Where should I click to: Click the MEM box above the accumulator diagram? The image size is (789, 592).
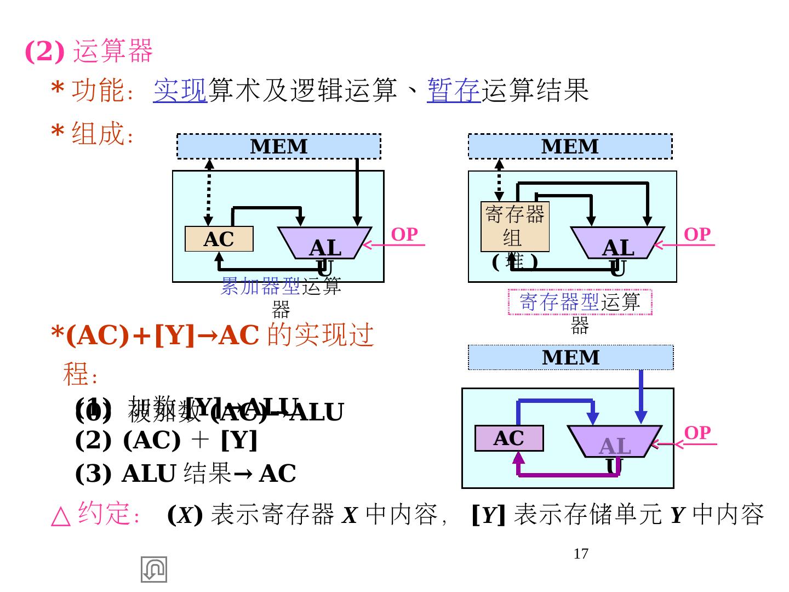[x=278, y=146]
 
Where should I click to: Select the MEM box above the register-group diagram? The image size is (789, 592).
[x=570, y=146]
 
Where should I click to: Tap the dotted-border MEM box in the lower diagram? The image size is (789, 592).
[x=570, y=357]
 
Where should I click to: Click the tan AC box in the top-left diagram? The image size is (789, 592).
[x=219, y=239]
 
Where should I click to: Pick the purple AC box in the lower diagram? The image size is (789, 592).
[x=508, y=439]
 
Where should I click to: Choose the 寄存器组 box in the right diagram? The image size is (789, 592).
[x=514, y=227]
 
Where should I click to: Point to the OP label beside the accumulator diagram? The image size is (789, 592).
[x=404, y=234]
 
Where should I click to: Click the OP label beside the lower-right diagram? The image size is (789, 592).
[x=697, y=432]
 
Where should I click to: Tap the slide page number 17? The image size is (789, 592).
[x=581, y=554]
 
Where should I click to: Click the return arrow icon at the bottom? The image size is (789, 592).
[x=154, y=569]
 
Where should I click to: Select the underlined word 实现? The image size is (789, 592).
[x=180, y=90]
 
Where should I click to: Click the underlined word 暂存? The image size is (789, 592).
[x=453, y=90]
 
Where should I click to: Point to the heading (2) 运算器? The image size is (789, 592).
[x=89, y=51]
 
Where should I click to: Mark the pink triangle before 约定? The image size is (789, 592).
[x=61, y=516]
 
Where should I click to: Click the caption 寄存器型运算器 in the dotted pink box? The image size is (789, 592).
[x=580, y=302]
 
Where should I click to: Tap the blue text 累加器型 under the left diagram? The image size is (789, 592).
[x=260, y=286]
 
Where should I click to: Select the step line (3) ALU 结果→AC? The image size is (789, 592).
[x=185, y=474]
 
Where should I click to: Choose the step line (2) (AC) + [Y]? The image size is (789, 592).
[x=166, y=440]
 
